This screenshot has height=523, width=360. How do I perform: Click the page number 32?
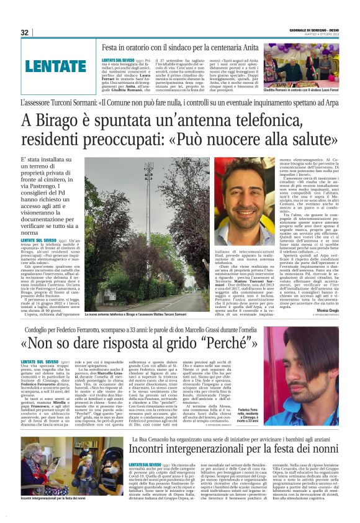(x=24, y=32)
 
